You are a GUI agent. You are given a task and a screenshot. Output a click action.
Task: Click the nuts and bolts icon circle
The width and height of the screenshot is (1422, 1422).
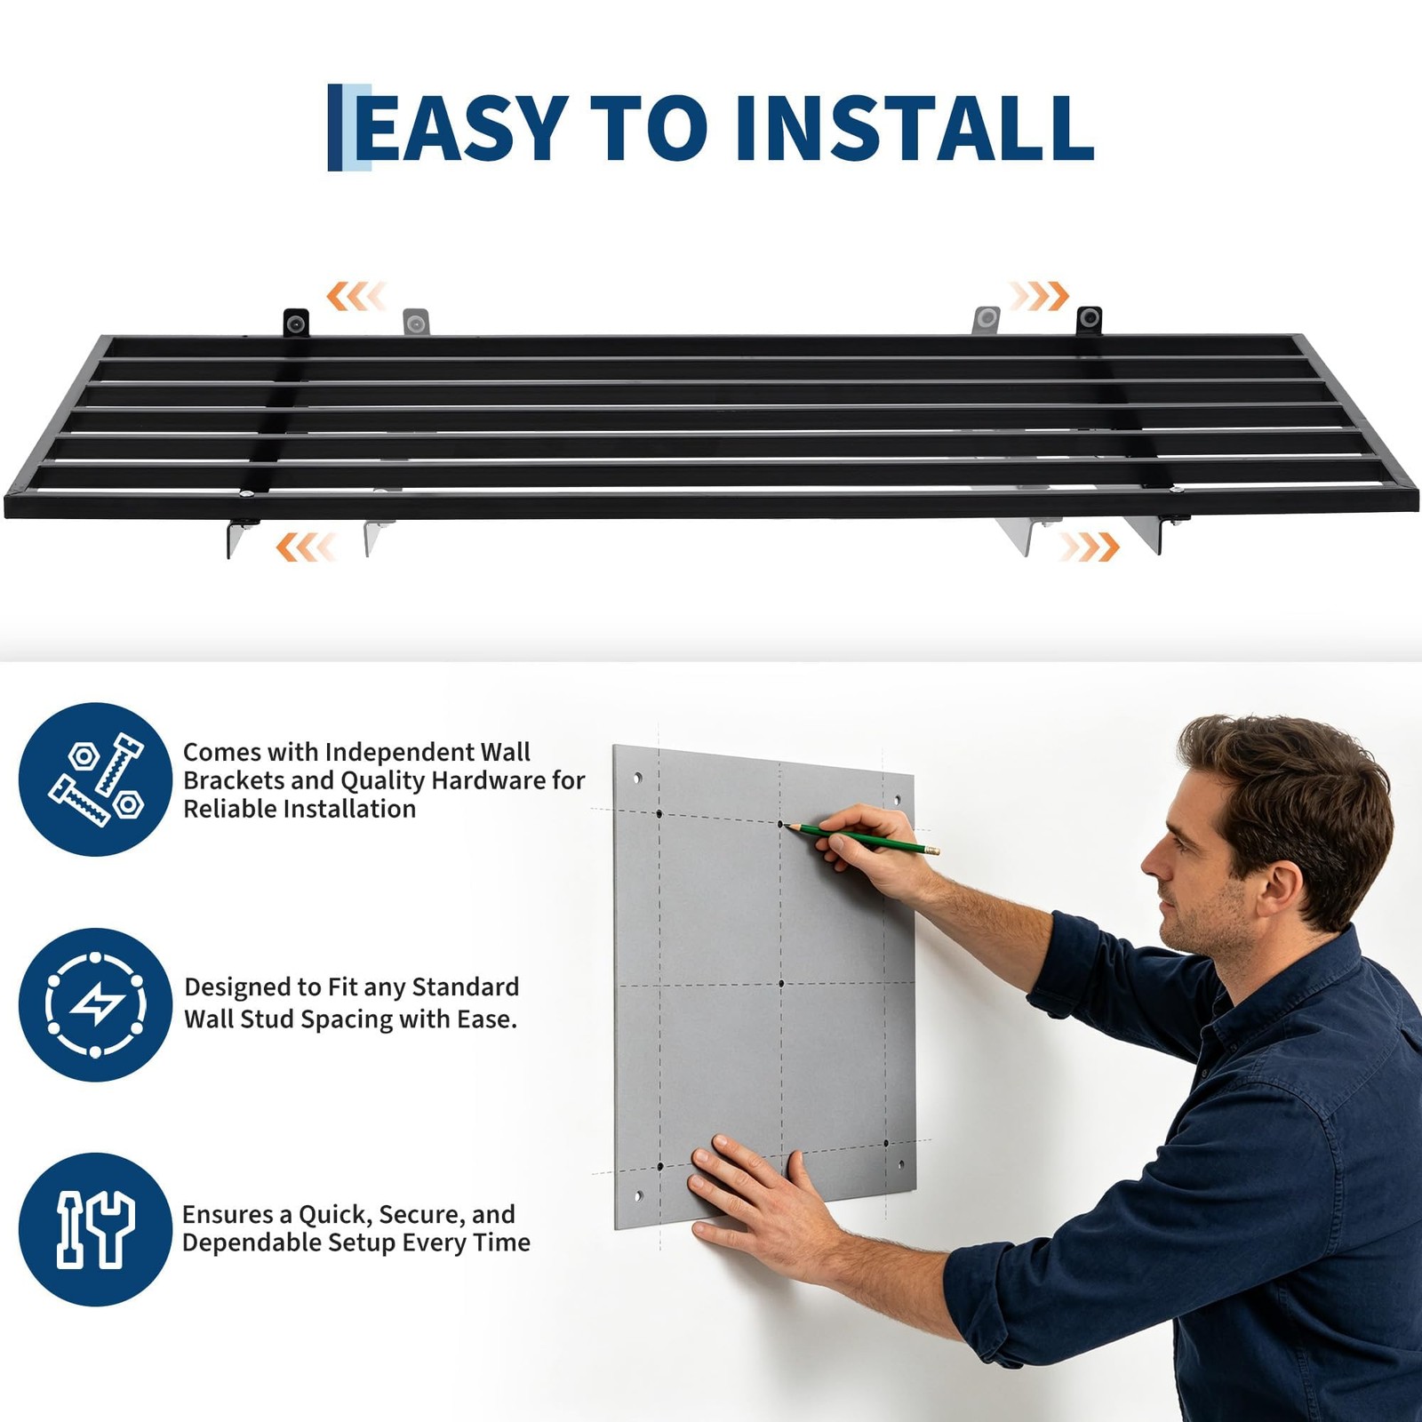coord(95,779)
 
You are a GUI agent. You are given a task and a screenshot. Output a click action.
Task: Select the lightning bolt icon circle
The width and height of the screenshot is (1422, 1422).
coord(95,1005)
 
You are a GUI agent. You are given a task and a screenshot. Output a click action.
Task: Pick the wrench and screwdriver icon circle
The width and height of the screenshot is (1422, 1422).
coord(95,1229)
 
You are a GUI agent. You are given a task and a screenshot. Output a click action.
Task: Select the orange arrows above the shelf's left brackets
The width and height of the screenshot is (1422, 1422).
coord(356,296)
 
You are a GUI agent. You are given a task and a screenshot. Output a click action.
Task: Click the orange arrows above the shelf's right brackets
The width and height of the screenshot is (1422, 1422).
coord(1038,296)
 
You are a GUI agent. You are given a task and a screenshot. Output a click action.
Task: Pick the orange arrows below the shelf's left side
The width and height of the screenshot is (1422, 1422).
coord(306,547)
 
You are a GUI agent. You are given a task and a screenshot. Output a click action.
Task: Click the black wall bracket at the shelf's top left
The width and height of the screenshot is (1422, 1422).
coord(296,323)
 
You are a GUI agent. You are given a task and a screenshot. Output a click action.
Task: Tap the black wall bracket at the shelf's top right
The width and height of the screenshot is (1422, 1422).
coord(1089,320)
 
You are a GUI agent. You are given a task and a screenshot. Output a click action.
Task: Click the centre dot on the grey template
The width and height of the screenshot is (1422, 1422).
coord(781,983)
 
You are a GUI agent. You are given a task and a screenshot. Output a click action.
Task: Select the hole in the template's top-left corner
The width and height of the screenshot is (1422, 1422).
coord(637,778)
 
